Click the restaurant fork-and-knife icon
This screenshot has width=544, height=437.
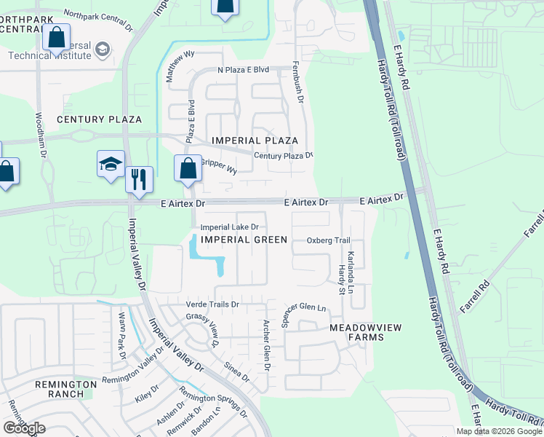pyautogui.click(x=139, y=177)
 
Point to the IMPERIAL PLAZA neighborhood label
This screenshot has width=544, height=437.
pyautogui.click(x=255, y=140)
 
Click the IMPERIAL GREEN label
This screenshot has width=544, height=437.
pyautogui.click(x=244, y=240)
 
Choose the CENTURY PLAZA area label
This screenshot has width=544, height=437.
pyautogui.click(x=99, y=119)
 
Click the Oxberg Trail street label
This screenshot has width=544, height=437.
pyautogui.click(x=329, y=240)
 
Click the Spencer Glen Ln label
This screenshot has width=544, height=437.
pyautogui.click(x=306, y=308)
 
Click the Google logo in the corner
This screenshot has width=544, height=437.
pyautogui.click(x=24, y=428)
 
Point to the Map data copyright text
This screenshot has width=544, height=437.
pyautogui.click(x=499, y=431)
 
